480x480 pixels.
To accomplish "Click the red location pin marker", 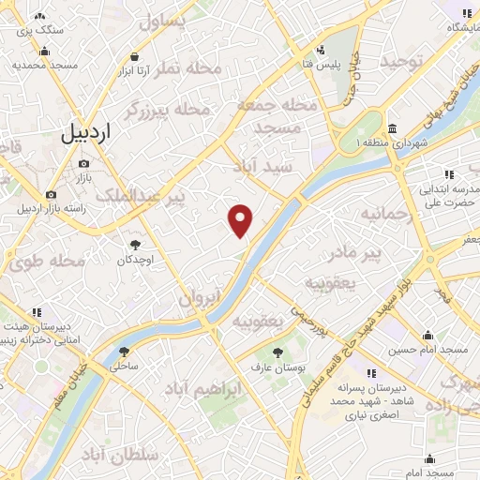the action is pyautogui.click(x=241, y=220).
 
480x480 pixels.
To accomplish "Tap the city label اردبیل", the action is pyautogui.click(x=85, y=134).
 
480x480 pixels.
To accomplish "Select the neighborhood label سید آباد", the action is pyautogui.click(x=264, y=165).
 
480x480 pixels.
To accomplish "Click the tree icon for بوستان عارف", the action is pyautogui.click(x=277, y=352).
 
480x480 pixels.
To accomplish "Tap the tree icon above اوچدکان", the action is pyautogui.click(x=136, y=245).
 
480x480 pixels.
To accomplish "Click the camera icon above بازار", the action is pyautogui.click(x=82, y=163).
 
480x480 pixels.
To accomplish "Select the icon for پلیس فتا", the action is pyautogui.click(x=322, y=50).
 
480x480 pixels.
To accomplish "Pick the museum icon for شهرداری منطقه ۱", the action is pyautogui.click(x=391, y=128).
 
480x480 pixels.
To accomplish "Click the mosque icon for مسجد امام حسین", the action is pyautogui.click(x=428, y=336).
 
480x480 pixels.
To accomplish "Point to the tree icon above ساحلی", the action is pyautogui.click(x=124, y=352).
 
